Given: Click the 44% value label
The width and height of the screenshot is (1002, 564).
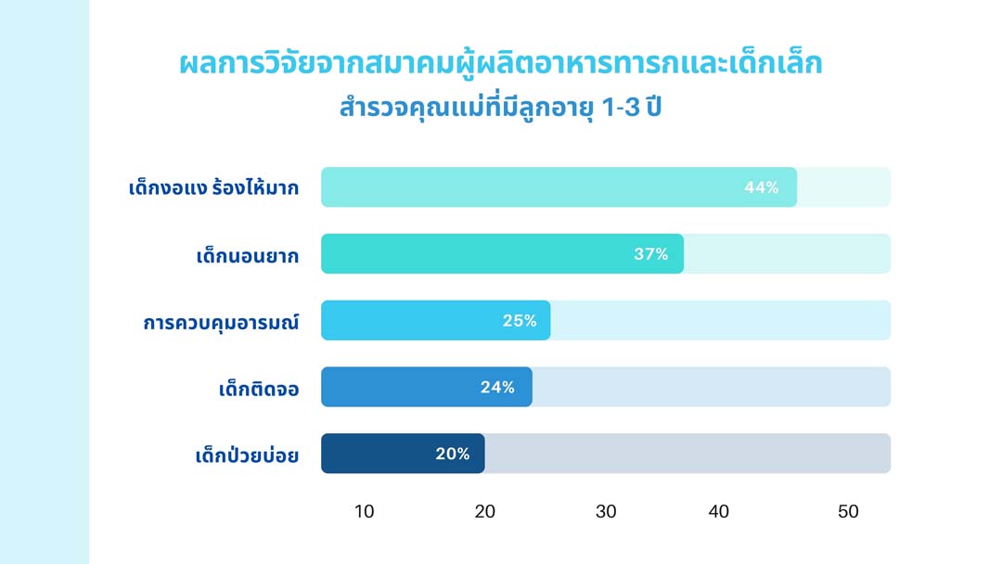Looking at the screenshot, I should point(761,187).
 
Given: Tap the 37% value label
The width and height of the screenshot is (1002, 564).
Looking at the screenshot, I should point(651,254).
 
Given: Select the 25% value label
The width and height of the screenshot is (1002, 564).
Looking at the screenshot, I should point(520,321).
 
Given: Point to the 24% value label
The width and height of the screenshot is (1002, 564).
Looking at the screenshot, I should point(497,388).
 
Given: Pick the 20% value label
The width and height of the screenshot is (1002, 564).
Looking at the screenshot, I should point(453,455).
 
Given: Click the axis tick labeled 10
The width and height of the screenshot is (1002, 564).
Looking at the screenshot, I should point(365,511).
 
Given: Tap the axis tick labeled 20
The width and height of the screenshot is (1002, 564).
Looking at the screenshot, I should point(485,511).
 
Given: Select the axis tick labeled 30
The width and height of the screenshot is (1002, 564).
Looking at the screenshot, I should point(606,511).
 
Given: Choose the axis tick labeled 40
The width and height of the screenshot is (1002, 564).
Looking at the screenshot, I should point(719,511).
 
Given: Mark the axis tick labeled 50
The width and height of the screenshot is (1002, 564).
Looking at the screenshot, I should point(848,511).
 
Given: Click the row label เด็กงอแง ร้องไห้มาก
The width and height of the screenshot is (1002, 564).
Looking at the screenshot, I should point(213,188).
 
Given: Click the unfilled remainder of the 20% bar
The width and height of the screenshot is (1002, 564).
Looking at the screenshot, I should point(687,454).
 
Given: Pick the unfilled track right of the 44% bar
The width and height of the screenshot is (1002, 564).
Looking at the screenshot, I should point(843,187).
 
